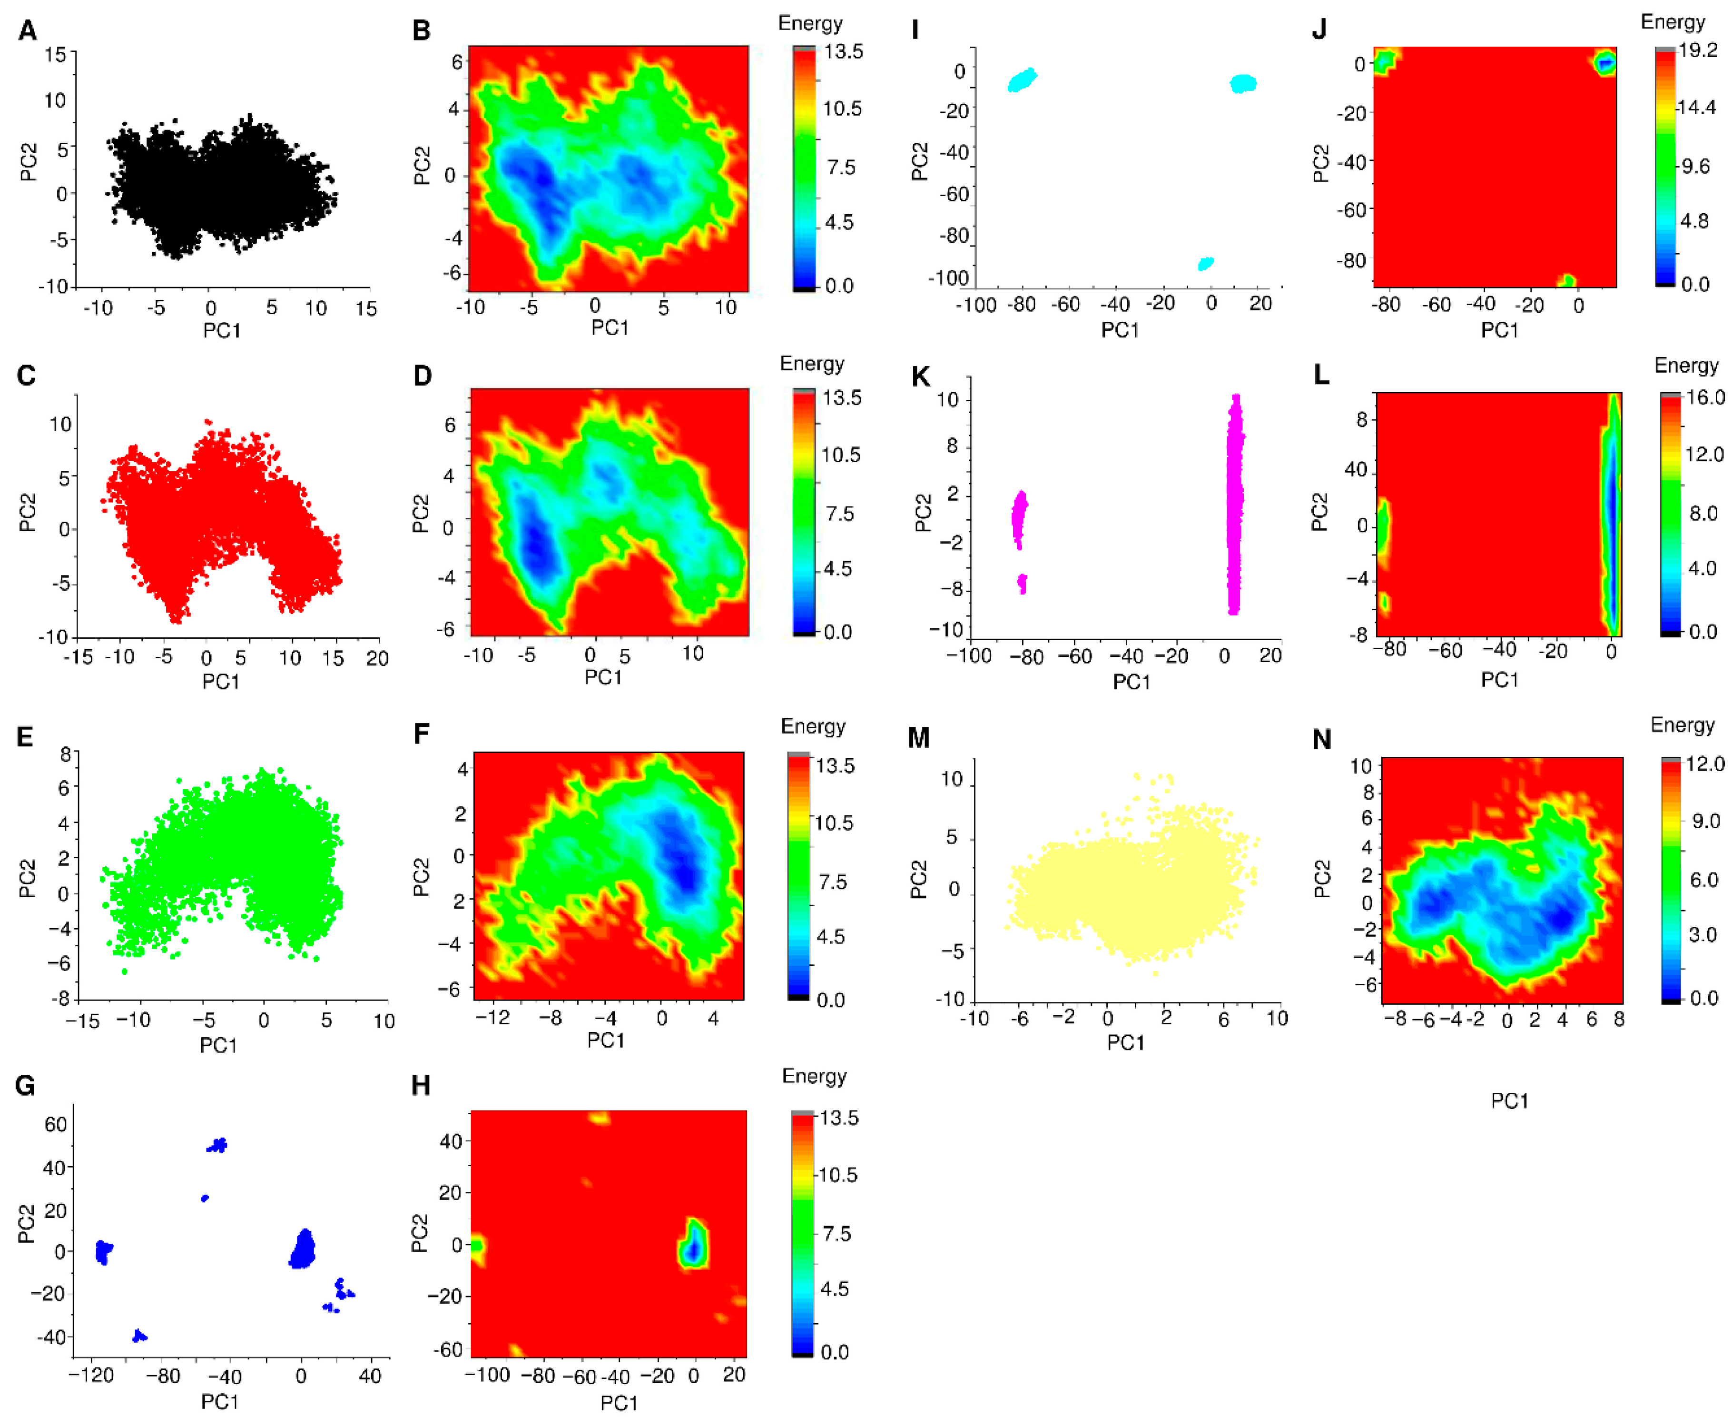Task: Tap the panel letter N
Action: point(1321,740)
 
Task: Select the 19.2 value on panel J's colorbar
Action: point(1697,51)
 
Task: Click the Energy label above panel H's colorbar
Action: point(813,1076)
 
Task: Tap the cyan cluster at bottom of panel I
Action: point(1205,264)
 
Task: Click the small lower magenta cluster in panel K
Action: point(1022,584)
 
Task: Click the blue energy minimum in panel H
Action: point(693,1249)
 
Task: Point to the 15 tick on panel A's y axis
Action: point(55,54)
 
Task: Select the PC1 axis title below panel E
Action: point(218,1045)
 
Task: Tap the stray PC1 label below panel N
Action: point(1509,1100)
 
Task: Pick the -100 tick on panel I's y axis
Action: point(948,278)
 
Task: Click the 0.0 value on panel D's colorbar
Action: point(837,632)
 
